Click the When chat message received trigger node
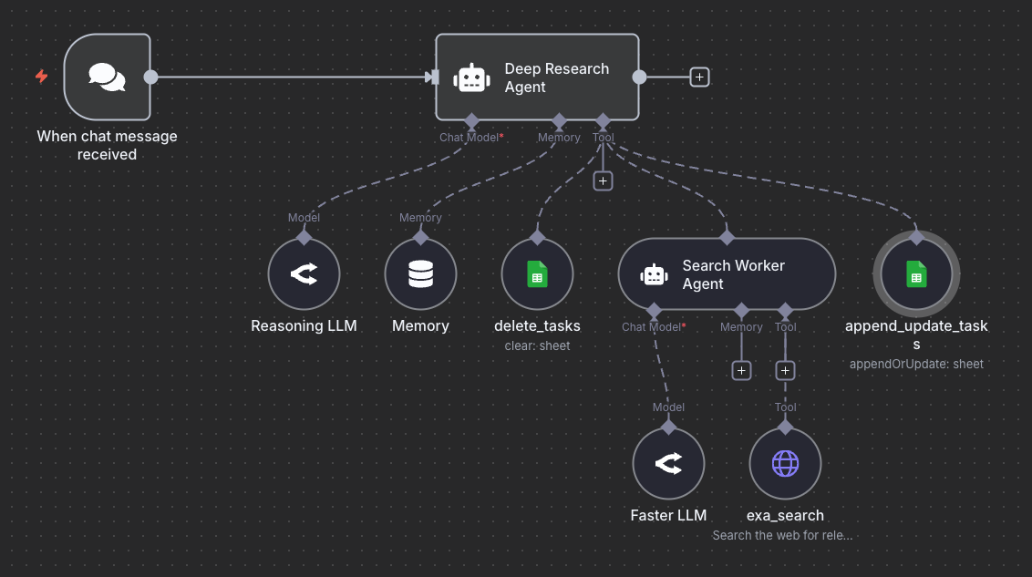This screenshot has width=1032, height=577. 107,77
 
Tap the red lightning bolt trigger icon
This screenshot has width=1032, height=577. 41,77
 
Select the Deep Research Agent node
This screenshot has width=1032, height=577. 537,77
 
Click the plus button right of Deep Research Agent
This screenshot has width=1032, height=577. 699,77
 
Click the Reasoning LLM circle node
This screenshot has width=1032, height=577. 304,274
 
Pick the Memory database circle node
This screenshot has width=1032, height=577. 420,274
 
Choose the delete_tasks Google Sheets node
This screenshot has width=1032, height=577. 537,274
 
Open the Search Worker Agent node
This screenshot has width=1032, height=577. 727,274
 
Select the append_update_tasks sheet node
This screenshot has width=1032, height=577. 916,274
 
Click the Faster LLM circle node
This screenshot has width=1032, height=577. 668,464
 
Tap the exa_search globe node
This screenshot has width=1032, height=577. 785,464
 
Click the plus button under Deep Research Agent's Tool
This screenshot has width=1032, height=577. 603,180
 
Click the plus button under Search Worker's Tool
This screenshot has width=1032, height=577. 785,370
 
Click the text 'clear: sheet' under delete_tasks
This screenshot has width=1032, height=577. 537,345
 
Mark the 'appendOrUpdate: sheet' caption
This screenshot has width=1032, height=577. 916,364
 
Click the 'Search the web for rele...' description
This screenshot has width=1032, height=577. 782,535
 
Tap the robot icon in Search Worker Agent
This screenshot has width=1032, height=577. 655,274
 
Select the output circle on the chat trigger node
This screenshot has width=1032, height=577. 151,77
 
